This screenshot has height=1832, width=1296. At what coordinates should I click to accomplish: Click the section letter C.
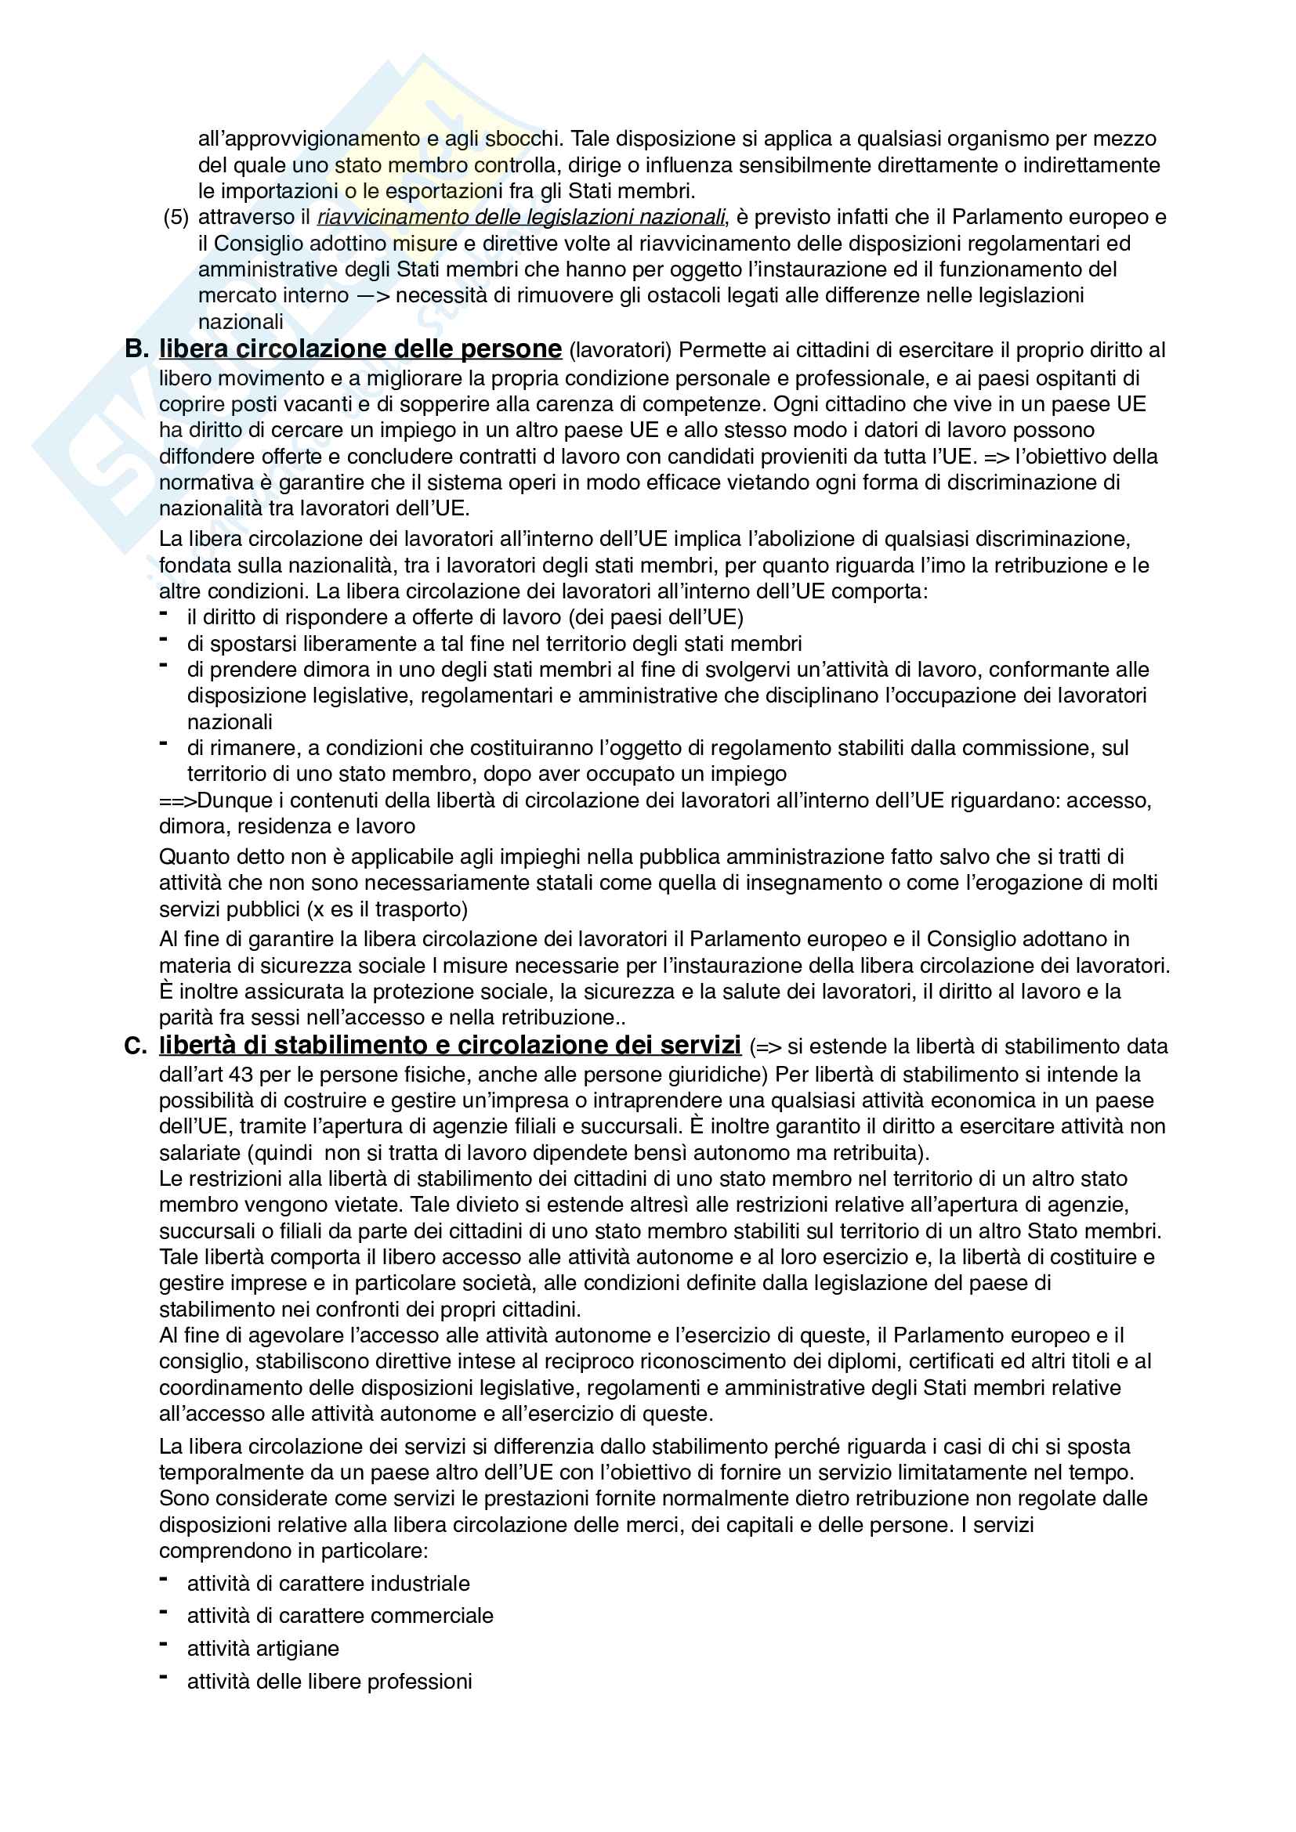[136, 1046]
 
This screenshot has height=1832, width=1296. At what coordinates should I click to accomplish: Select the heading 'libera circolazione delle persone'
[360, 349]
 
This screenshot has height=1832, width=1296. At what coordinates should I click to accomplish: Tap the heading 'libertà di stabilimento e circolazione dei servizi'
[449, 1046]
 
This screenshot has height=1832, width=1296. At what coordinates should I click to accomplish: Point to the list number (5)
[176, 217]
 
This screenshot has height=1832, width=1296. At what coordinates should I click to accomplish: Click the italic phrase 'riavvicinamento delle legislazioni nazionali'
[521, 217]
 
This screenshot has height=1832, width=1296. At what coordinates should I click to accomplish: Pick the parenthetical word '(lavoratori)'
[621, 350]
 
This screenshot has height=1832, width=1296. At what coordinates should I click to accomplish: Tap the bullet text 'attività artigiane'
[262, 1649]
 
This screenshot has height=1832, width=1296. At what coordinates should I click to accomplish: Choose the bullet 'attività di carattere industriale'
[328, 1583]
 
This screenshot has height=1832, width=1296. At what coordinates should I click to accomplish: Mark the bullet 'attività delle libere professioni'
[330, 1681]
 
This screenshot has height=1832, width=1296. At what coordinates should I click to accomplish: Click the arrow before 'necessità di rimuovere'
[373, 296]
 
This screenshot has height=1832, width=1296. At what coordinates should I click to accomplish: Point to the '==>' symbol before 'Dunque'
[177, 800]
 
